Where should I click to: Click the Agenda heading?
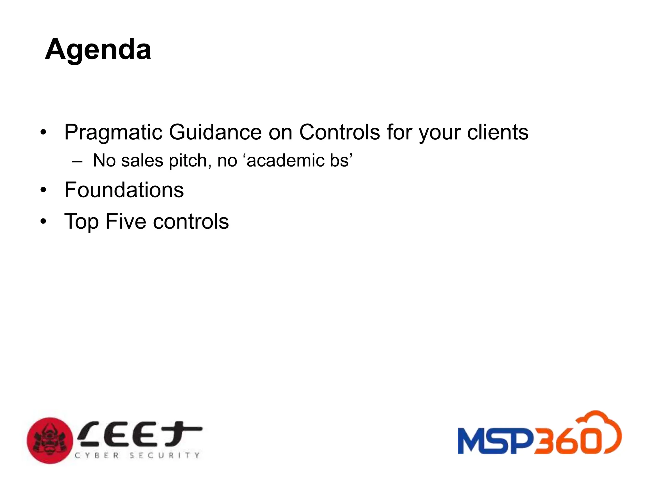(98, 50)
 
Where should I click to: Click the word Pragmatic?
(113, 132)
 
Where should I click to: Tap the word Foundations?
(124, 190)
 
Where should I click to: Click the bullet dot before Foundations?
(44, 190)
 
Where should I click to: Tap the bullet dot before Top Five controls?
(44, 222)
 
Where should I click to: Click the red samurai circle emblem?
(50, 440)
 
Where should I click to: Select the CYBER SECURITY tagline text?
(137, 455)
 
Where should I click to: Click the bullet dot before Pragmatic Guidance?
(44, 132)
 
